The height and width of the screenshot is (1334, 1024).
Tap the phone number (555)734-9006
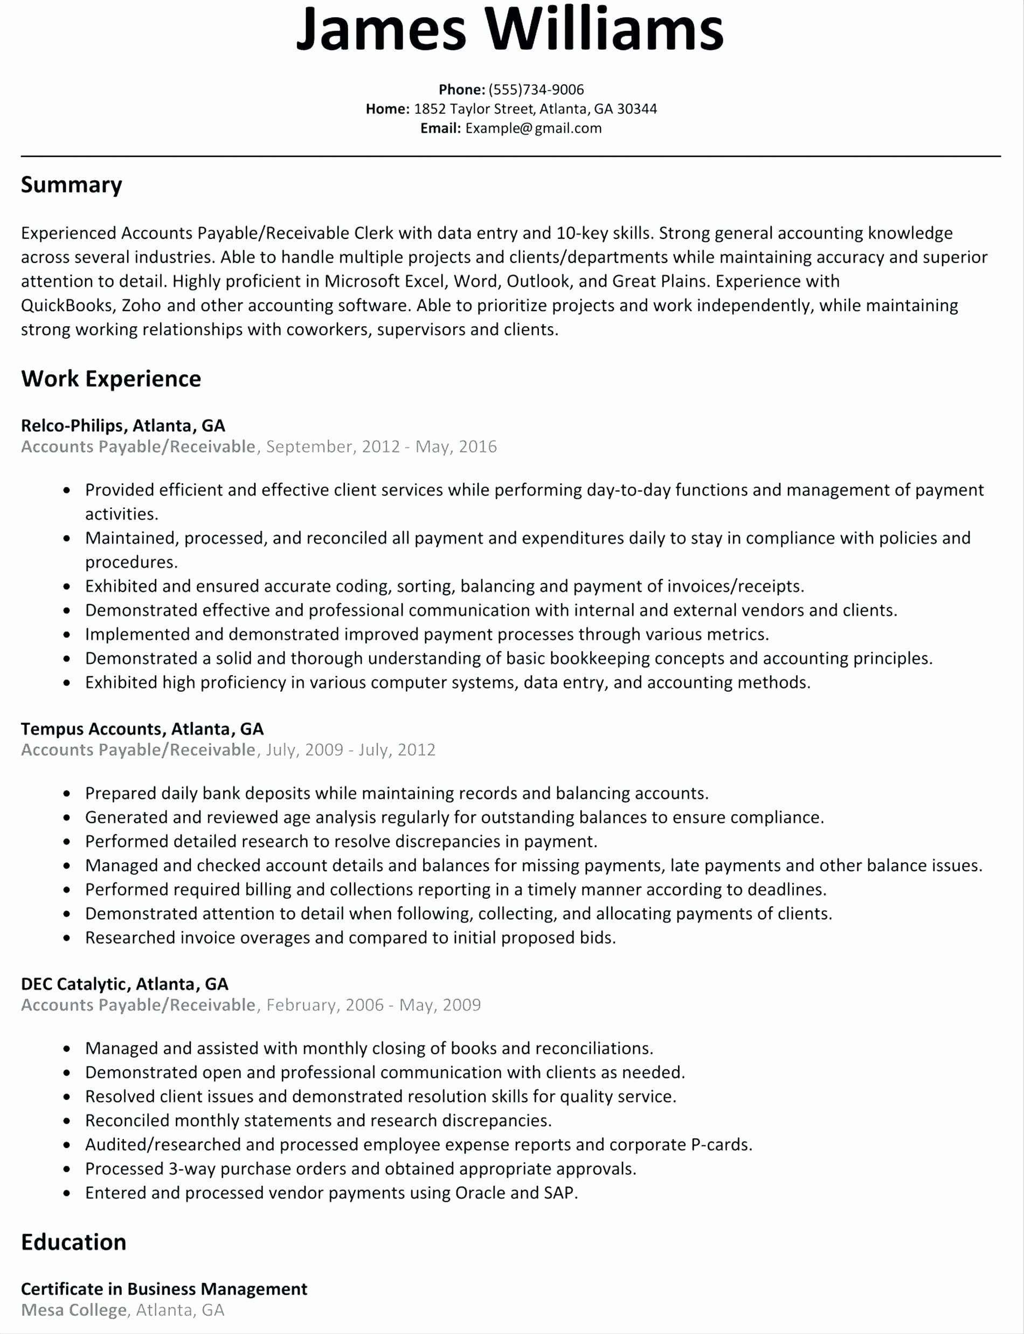coord(536,90)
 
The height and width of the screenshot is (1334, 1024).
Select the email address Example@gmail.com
coord(534,128)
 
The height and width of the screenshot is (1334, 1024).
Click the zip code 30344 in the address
coord(637,109)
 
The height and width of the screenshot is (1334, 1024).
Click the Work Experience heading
coord(111,379)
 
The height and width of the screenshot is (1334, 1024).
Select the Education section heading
coord(73,1242)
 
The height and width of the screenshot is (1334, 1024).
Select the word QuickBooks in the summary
coord(67,305)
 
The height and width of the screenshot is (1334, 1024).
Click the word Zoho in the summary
coord(141,305)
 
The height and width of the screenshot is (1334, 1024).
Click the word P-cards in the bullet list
coord(721,1144)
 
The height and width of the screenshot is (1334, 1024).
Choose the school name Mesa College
coord(74,1310)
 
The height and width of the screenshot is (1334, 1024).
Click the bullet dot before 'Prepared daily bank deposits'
coord(67,794)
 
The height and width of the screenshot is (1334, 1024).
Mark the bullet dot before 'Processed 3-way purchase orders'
coord(67,1170)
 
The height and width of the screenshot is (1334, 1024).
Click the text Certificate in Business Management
coord(164,1289)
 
